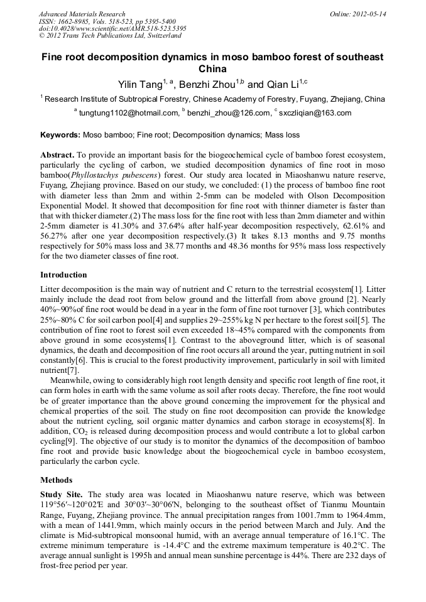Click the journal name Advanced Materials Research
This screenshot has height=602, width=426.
pos(82,14)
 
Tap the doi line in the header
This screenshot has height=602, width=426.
pos(112,29)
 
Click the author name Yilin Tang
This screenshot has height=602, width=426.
pos(140,84)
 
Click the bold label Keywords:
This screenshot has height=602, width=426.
pos(60,135)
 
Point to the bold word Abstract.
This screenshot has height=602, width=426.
pos(57,154)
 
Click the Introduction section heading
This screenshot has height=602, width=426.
pos(63,275)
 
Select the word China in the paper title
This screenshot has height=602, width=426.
pos(212,69)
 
